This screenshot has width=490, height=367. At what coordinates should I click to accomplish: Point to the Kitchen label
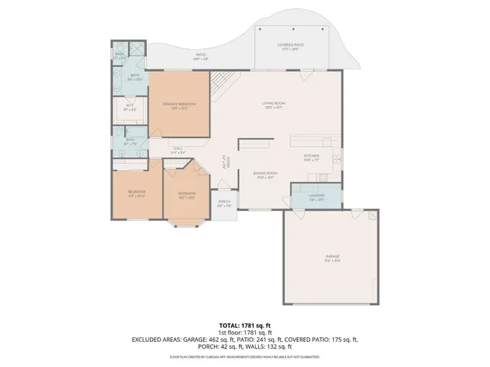click(x=311, y=157)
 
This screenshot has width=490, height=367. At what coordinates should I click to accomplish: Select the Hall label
click(x=178, y=151)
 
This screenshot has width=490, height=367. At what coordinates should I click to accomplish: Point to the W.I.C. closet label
click(x=130, y=107)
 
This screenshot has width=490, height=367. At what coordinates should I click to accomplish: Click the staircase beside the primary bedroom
click(x=221, y=81)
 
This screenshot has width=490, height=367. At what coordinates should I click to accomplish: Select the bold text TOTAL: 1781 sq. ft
click(x=245, y=325)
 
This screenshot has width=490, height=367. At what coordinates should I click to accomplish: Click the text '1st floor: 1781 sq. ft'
click(x=245, y=332)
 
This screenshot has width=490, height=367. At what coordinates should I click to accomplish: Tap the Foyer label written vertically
click(x=224, y=161)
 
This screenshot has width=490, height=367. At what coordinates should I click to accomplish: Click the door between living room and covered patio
click(x=306, y=73)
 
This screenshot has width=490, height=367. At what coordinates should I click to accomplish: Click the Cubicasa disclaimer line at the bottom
click(x=245, y=356)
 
